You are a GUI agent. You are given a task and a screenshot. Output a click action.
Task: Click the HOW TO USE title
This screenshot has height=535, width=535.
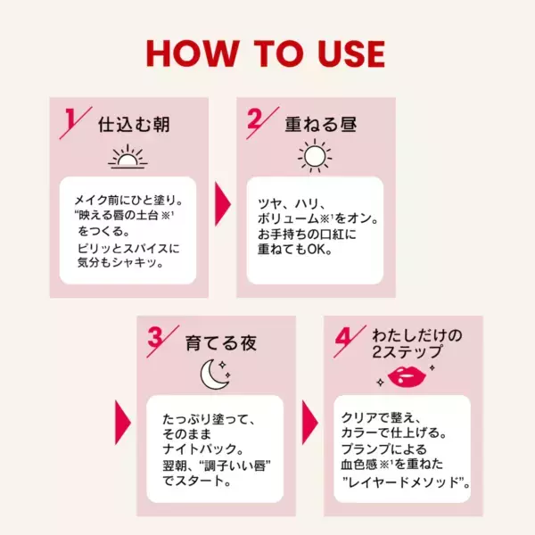click(x=266, y=53)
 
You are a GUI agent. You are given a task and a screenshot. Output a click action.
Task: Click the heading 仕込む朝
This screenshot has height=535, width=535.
click(x=134, y=123)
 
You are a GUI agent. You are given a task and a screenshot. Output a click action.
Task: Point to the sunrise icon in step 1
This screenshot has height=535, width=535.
click(x=127, y=158)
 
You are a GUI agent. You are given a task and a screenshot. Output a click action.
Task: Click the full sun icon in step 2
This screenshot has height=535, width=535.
click(x=314, y=157)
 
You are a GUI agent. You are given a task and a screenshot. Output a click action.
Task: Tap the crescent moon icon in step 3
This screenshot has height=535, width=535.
click(x=214, y=374)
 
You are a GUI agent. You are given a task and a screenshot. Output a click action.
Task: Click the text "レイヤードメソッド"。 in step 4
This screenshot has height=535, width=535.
click(x=407, y=482)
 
